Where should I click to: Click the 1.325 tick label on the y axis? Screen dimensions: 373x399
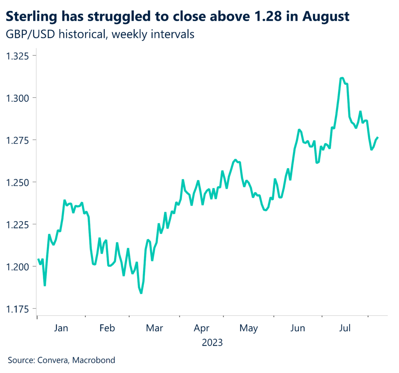(19, 55)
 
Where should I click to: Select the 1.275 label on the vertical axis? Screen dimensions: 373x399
(19, 140)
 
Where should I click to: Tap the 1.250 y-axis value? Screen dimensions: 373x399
(19, 182)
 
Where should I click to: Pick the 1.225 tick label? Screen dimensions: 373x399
(19, 224)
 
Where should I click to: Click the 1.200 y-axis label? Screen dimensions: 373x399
(19, 266)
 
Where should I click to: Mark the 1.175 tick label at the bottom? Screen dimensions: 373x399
(19, 309)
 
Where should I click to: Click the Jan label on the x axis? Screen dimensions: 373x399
(61, 328)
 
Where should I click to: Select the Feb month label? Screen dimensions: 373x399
(107, 328)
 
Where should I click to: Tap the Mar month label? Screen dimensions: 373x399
(154, 328)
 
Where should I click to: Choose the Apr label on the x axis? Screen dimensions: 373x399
(201, 328)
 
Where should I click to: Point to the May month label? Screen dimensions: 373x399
(249, 328)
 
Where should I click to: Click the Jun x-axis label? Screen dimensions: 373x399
(298, 328)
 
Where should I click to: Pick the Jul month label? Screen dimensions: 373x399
(344, 328)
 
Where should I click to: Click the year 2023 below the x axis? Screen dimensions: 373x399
(212, 343)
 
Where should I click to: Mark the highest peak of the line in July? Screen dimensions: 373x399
(341, 78)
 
